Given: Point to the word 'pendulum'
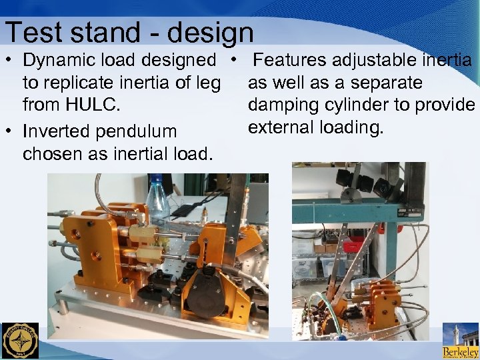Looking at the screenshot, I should [x=145, y=131].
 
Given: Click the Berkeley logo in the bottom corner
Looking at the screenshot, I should [x=461, y=341].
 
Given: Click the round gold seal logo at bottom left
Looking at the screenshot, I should [x=20, y=341].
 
